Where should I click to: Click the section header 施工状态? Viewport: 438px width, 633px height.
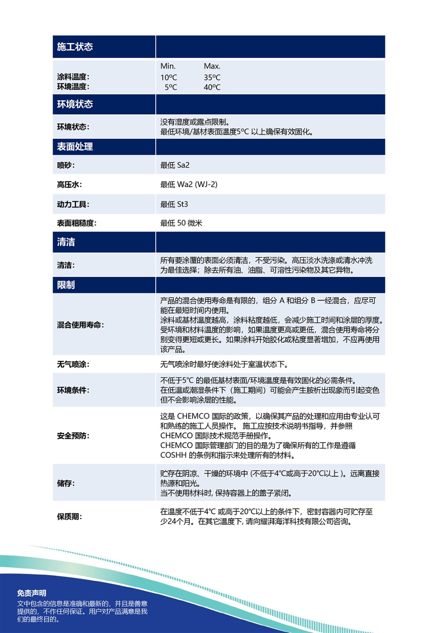click(75, 47)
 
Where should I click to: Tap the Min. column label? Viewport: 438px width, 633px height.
click(168, 66)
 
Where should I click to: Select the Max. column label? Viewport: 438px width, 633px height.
click(212, 66)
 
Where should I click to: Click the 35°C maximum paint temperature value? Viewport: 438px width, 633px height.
click(212, 78)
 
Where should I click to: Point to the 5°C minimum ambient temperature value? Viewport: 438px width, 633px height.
click(171, 87)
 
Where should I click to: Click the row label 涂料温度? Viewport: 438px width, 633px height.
click(73, 77)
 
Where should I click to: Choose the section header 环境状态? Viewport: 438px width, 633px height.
click(75, 104)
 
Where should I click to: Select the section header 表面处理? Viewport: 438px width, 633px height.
click(75, 147)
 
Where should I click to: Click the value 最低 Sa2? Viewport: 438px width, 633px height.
click(175, 165)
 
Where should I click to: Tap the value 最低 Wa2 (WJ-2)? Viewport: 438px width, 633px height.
click(189, 184)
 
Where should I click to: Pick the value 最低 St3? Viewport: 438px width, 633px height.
click(174, 204)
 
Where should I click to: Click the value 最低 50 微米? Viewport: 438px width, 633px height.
click(181, 223)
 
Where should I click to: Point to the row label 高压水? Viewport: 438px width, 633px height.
click(69, 185)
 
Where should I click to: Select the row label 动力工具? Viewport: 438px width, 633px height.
click(73, 205)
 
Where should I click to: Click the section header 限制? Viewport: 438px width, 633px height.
click(66, 285)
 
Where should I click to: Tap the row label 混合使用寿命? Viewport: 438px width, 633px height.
click(80, 325)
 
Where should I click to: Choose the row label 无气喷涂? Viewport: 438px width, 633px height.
click(73, 364)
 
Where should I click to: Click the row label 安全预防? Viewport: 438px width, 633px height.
click(73, 436)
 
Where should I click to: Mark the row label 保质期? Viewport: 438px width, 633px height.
click(69, 517)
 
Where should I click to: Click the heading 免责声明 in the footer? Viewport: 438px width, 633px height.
click(32, 593)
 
